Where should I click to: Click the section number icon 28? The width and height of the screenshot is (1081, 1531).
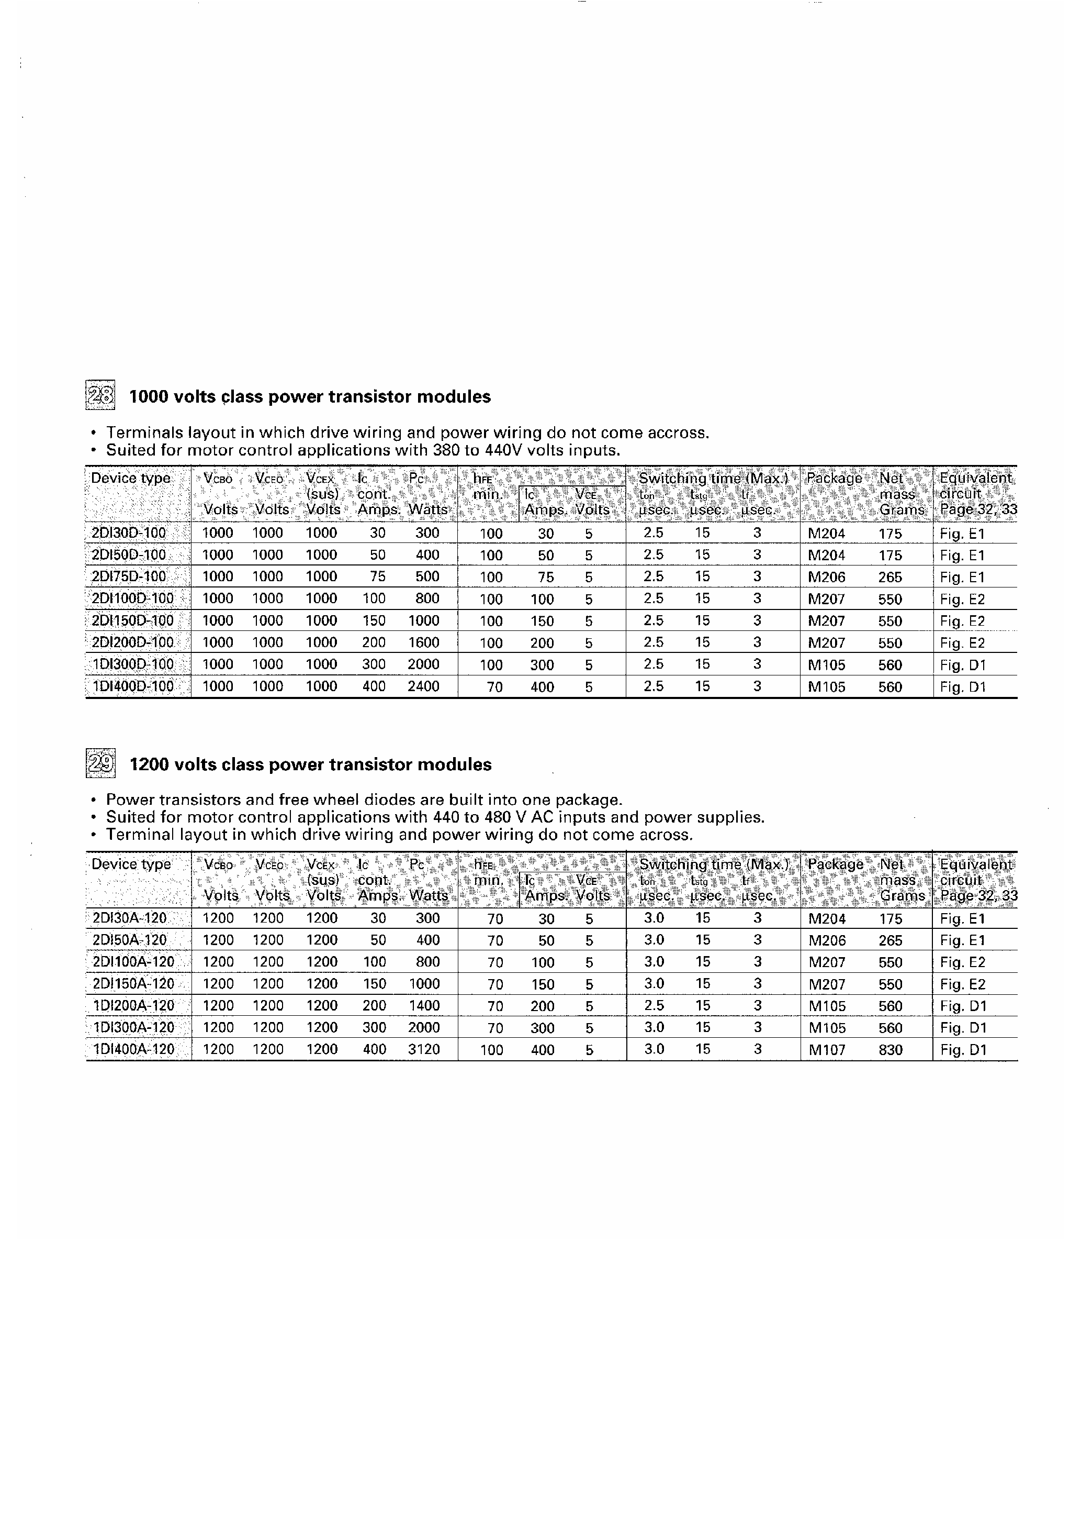[x=100, y=396]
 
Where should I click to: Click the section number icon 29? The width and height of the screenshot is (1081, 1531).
[x=100, y=764]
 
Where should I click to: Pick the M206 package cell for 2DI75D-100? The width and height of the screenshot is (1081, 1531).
[x=826, y=577]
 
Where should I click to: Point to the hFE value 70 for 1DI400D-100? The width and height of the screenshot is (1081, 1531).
[x=494, y=687]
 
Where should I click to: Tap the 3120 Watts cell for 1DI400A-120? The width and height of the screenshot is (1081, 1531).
[x=424, y=1050]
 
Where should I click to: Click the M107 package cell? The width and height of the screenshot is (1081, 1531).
[x=826, y=1050]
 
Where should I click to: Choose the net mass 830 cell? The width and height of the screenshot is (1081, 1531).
[x=891, y=1050]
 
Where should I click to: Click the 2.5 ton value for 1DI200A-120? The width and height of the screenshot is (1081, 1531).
[x=654, y=1005]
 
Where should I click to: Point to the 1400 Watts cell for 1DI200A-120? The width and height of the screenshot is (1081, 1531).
[x=424, y=1005]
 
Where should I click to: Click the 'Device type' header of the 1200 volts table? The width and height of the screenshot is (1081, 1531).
[x=131, y=864]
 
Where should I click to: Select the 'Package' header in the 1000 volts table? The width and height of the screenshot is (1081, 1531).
[x=834, y=478]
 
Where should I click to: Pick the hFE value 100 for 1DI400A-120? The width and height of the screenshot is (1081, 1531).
[x=492, y=1050]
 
